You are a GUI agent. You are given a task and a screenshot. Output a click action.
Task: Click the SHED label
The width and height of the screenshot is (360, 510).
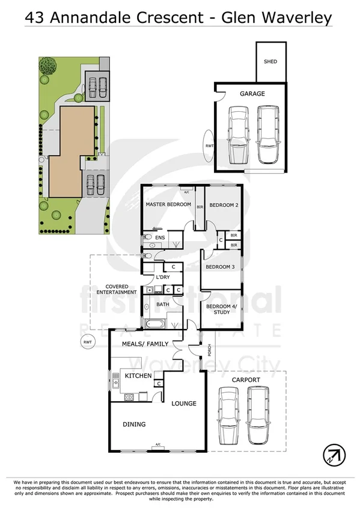(270, 61)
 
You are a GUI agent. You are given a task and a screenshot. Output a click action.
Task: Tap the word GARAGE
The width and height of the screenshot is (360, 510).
(252, 94)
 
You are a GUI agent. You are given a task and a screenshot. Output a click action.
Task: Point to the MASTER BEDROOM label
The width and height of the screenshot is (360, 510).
(168, 204)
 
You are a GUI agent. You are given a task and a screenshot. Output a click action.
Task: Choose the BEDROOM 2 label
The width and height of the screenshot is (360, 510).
(224, 205)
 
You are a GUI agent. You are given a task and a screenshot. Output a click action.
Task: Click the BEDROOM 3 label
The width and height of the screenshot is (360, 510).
(219, 266)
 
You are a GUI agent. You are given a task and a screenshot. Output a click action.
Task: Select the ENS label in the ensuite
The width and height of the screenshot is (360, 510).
(160, 238)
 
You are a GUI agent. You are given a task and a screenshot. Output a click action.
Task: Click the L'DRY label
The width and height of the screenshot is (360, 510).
(163, 277)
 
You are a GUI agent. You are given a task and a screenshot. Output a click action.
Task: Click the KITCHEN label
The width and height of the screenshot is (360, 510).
(138, 376)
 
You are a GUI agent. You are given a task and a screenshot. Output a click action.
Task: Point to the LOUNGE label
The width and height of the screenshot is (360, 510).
(184, 403)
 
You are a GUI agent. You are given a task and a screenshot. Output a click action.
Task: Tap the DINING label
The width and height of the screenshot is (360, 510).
(134, 424)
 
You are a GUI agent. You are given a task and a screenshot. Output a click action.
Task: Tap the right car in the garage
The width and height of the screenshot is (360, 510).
(267, 135)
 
